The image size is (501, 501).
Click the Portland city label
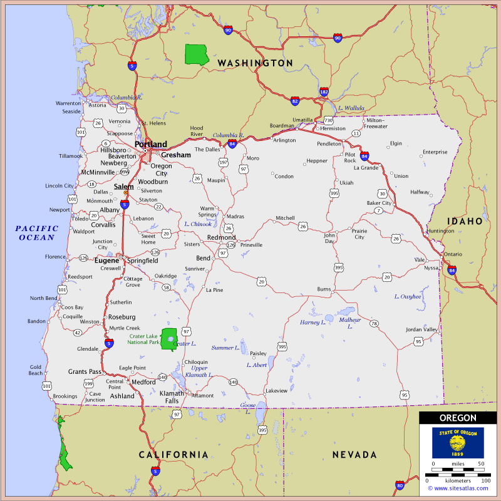coord(151,144)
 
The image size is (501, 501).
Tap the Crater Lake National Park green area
coord(168,339)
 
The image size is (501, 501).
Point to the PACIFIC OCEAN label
coord(37,233)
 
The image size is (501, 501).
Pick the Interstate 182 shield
coord(324,92)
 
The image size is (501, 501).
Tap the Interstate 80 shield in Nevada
coord(400,485)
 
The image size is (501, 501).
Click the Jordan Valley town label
coord(421,329)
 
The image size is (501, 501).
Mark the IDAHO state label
coord(465,221)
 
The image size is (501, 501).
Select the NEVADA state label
coord(354,455)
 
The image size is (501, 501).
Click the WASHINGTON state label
coord(255,63)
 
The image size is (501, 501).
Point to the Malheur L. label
coord(349,323)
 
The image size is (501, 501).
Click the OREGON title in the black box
coord(458,418)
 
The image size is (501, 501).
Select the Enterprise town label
coord(435,152)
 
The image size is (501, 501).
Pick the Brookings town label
coord(65,396)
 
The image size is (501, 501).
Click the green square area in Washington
coord(197,54)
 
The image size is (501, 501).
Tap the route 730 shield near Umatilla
coord(328,120)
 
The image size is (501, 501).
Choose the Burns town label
coord(324,289)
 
